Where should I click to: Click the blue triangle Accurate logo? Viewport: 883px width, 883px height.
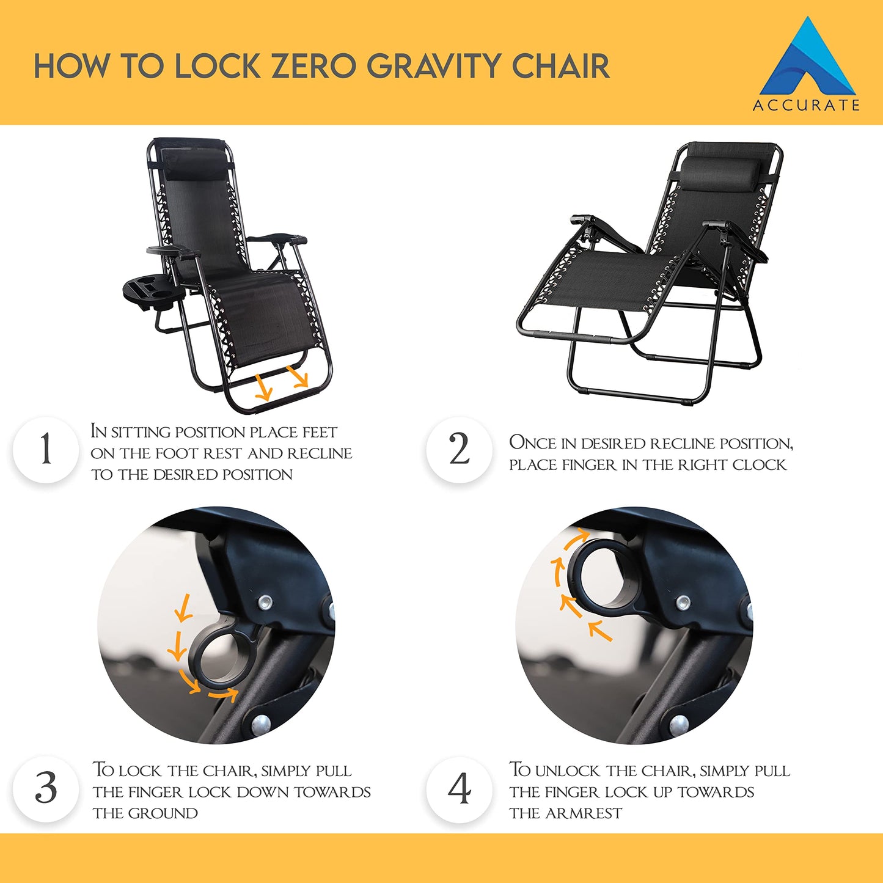click(x=808, y=61)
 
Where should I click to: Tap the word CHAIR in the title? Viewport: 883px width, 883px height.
click(x=560, y=66)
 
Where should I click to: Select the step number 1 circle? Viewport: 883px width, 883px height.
click(x=46, y=450)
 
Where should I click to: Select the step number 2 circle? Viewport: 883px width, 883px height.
click(x=459, y=450)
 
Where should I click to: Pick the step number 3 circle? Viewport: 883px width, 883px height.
click(x=46, y=788)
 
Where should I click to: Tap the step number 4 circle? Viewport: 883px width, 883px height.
click(x=459, y=788)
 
